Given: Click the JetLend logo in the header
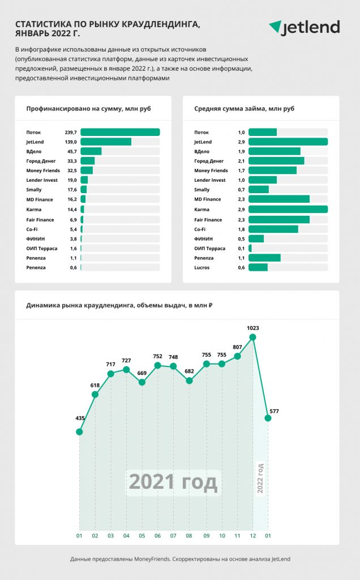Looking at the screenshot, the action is pos(304,27).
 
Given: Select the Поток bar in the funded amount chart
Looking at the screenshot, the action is pos(120,132).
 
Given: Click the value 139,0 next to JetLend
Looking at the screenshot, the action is pos(71,142).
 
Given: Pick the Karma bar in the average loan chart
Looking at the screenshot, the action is pos(288,209).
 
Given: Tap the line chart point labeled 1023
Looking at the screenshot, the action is pos(253,337).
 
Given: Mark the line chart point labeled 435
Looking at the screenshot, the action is pos(79,432).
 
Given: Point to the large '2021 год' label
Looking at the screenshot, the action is pos(173,483).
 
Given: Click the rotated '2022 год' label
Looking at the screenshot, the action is pos(260,478).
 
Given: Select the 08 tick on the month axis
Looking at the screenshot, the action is pos(189,536).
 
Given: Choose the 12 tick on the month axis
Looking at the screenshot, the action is pos(253,536).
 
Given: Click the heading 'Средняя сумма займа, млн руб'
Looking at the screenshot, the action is pos(245,109).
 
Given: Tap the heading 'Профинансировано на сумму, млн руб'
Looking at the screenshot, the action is pos(88,109).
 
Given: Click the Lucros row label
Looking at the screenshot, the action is pos(202,267).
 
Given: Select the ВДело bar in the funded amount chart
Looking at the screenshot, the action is pos(91,151).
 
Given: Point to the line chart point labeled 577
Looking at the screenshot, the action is pos(268,418).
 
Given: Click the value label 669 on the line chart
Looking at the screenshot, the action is pos(142,373).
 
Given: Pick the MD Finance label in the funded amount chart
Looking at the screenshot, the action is pos(40,199).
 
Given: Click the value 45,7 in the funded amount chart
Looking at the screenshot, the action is pos(72,151).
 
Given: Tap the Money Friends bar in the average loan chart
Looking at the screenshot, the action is pos(272,170).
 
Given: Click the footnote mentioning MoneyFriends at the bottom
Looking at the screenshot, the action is pos(180,559).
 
